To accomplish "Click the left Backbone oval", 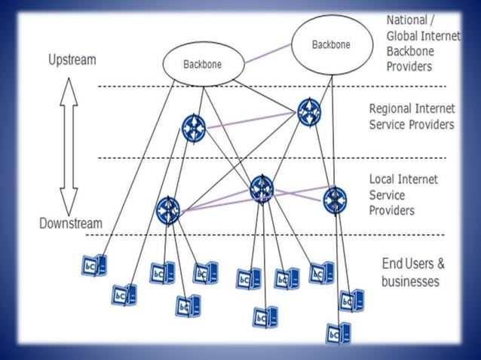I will [x=203, y=63].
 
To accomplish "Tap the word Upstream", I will [x=72, y=59].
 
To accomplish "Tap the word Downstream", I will [x=71, y=223].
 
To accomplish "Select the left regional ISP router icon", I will [x=195, y=127].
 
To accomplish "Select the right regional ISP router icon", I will [x=308, y=112].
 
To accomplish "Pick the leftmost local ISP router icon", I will [x=167, y=210].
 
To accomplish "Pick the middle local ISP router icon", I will [x=262, y=188].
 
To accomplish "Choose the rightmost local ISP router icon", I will [x=335, y=200].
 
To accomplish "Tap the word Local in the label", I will [x=382, y=179].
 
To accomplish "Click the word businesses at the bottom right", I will [x=411, y=282].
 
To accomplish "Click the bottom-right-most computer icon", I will [x=339, y=333].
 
